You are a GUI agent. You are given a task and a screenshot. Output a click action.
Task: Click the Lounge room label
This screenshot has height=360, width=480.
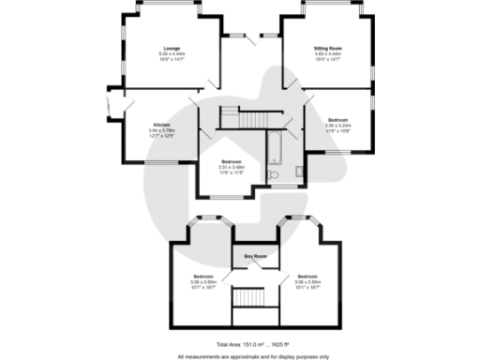(x=172, y=48)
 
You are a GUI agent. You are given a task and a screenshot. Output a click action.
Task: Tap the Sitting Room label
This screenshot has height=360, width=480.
(x=327, y=48)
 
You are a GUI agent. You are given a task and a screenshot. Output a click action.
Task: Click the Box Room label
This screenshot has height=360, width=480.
(x=255, y=256)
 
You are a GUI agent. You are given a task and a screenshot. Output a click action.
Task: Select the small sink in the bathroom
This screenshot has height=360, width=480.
(x=298, y=171)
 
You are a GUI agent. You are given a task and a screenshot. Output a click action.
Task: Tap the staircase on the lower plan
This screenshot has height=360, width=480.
(x=250, y=297)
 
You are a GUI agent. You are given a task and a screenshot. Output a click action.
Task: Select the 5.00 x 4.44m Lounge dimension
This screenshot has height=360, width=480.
(x=172, y=53)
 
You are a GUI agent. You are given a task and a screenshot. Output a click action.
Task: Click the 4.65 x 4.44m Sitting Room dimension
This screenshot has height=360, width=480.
(x=327, y=53)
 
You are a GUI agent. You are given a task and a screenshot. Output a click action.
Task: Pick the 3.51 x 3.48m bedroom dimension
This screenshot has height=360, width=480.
(x=232, y=168)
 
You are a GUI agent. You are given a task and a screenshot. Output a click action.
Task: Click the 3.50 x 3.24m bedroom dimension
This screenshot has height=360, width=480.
(x=338, y=126)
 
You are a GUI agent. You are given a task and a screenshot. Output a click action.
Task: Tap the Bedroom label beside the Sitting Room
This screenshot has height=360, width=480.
(x=338, y=120)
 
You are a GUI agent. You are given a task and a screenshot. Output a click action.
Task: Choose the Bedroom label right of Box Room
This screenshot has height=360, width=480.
(x=307, y=277)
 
